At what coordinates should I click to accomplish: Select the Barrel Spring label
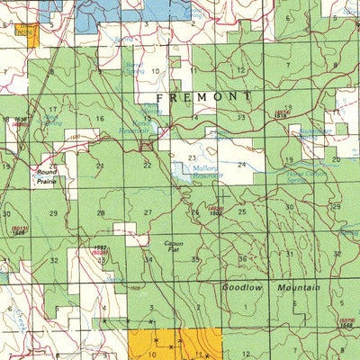135,68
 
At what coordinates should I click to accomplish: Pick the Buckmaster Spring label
314,131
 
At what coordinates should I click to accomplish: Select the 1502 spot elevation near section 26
216,212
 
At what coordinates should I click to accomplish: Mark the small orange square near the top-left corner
32,38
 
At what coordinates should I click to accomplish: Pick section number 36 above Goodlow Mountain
242,259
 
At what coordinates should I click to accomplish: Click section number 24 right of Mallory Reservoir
241,165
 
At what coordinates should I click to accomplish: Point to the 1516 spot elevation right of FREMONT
280,114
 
